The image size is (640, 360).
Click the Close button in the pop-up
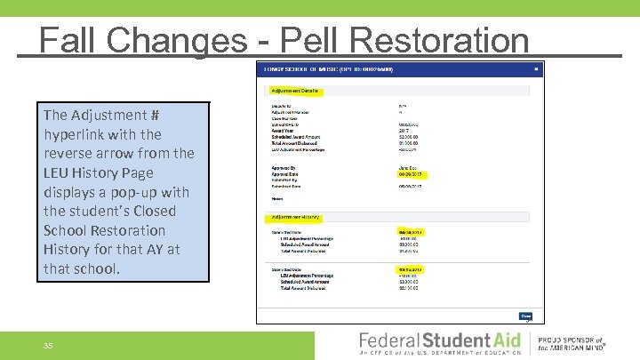pyautogui.click(x=525, y=315)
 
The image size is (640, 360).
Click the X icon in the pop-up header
pyautogui.click(x=536, y=68)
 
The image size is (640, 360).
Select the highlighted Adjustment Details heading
pyautogui.click(x=296, y=90)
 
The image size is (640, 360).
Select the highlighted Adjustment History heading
pyautogui.click(x=295, y=216)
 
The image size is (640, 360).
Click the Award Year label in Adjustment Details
pyautogui.click(x=285, y=131)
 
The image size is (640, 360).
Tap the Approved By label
pyautogui.click(x=287, y=167)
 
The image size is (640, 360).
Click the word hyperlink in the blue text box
pyautogui.click(x=77, y=134)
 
